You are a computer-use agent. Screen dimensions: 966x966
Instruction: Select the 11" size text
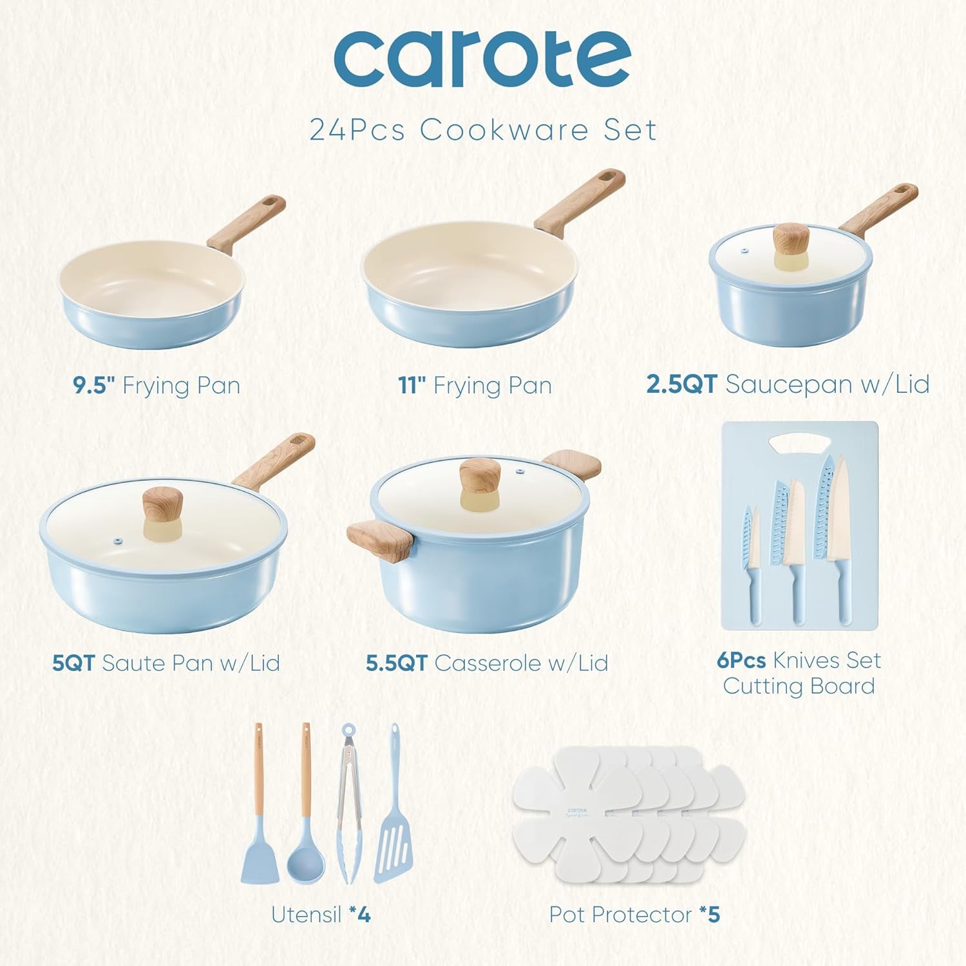click(x=413, y=386)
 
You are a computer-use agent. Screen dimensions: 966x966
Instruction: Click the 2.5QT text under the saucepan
click(x=681, y=384)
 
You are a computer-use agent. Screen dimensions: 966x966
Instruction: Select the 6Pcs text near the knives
click(x=741, y=661)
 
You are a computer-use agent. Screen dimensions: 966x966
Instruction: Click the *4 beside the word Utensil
click(x=360, y=914)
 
